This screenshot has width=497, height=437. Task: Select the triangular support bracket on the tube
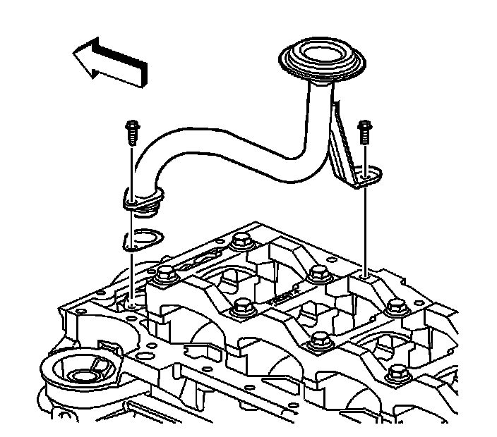[345, 152]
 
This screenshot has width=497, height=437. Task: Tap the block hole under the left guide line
[132, 305]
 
